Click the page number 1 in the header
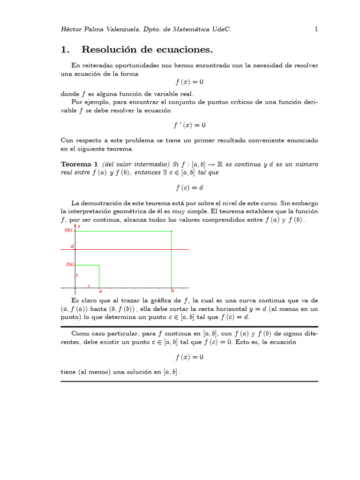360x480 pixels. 316,29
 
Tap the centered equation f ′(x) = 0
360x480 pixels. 189,125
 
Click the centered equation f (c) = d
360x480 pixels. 189,187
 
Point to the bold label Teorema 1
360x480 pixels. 79,164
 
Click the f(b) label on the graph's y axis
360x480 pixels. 68,230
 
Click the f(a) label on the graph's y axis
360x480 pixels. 70,264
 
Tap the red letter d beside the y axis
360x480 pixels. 72,246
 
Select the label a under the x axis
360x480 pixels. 100,291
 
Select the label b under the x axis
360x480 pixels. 172,291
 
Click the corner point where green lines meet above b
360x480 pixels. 172,231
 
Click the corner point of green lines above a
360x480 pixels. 99,265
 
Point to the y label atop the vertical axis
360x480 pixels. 79,226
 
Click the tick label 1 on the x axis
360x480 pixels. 89,286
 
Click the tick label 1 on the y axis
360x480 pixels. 77,276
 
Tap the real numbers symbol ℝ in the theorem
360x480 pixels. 219,164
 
